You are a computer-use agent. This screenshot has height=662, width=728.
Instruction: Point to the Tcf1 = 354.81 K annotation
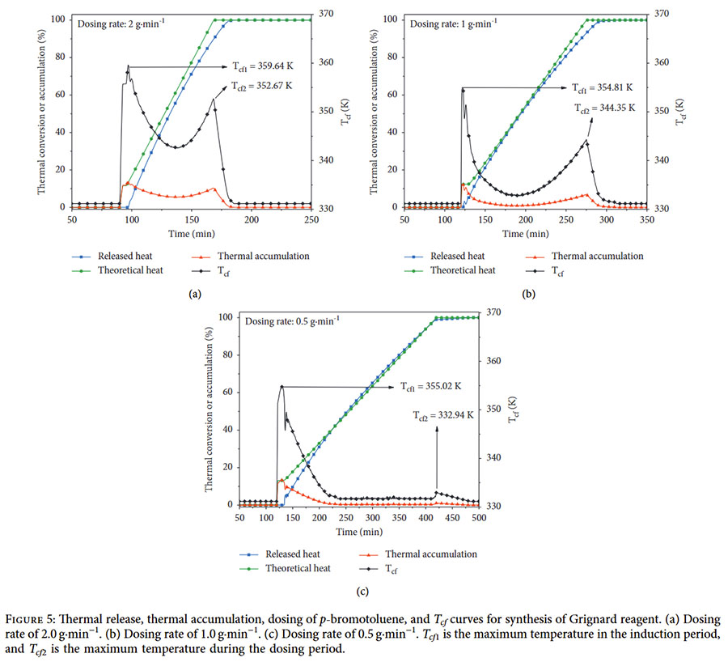pyautogui.click(x=602, y=87)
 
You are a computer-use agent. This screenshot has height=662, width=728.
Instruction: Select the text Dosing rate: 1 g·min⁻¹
pyautogui.click(x=455, y=23)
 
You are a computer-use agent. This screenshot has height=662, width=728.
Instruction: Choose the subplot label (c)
pyautogui.click(x=362, y=592)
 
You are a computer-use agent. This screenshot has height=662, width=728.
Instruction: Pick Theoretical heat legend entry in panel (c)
pyautogui.click(x=298, y=568)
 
